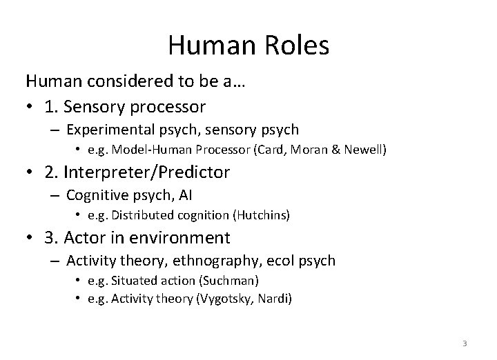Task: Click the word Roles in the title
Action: point(292,46)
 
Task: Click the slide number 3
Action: point(465,343)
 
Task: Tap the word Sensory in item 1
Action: point(116,107)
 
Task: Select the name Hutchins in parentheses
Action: point(260,215)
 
